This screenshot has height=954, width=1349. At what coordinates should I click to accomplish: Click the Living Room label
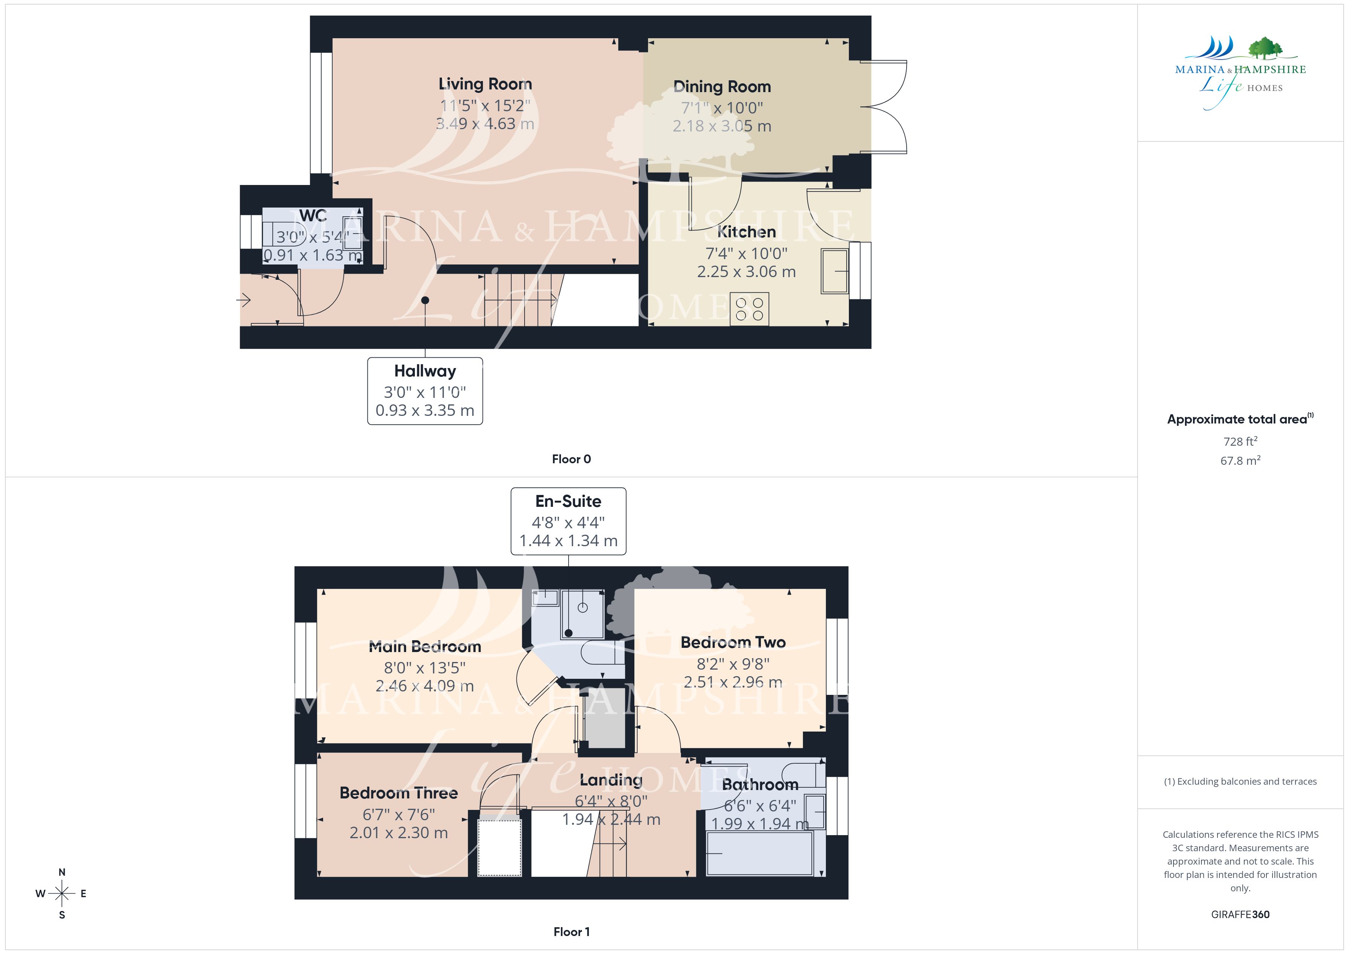click(485, 84)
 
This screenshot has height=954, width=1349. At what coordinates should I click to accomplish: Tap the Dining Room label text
click(722, 86)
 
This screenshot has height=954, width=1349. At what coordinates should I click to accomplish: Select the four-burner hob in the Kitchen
click(749, 309)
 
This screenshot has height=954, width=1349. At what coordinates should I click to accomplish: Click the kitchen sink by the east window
click(835, 271)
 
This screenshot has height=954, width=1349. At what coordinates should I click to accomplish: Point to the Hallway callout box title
click(425, 371)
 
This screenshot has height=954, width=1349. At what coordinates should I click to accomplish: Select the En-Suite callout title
click(568, 501)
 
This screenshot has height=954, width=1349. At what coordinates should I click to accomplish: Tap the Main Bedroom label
click(425, 647)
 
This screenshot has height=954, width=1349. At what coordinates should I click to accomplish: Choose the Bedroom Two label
click(733, 642)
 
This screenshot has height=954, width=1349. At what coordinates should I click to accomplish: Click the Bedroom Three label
click(398, 793)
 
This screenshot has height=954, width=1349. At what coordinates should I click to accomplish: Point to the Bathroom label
click(760, 785)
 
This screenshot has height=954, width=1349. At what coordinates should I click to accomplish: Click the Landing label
click(611, 780)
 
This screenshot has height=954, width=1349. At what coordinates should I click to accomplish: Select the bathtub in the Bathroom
click(760, 853)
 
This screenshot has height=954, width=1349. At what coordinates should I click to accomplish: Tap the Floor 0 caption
click(571, 459)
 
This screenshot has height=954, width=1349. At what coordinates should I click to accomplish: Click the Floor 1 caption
click(571, 932)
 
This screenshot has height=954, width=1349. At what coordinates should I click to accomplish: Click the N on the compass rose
click(62, 872)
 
